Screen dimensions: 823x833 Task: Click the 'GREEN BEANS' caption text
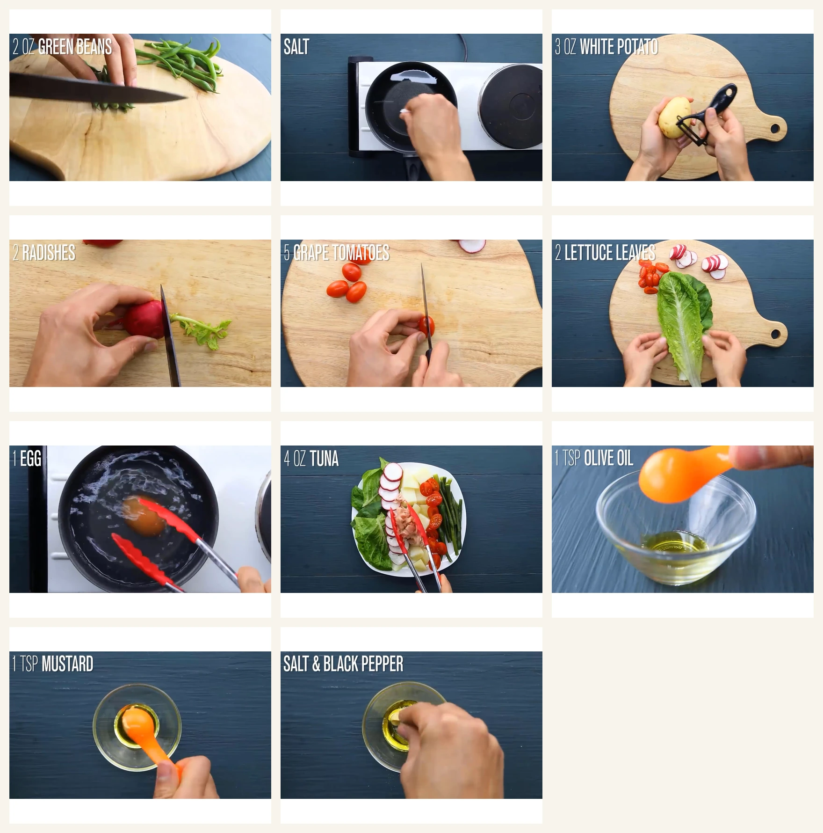click(75, 47)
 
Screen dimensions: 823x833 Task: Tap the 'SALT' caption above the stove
click(296, 47)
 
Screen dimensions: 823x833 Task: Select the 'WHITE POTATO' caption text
click(619, 47)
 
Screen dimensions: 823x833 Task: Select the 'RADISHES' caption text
click(49, 253)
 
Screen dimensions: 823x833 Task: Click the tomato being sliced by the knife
click(426, 326)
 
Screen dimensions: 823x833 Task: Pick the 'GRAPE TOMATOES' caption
click(341, 253)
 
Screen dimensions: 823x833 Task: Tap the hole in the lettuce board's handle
click(775, 334)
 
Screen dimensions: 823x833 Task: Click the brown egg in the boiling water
click(144, 516)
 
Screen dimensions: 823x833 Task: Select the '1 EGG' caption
click(27, 459)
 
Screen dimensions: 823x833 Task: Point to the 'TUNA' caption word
click(324, 459)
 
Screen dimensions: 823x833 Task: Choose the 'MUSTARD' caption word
click(67, 665)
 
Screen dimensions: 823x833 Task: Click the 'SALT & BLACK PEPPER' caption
click(343, 665)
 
